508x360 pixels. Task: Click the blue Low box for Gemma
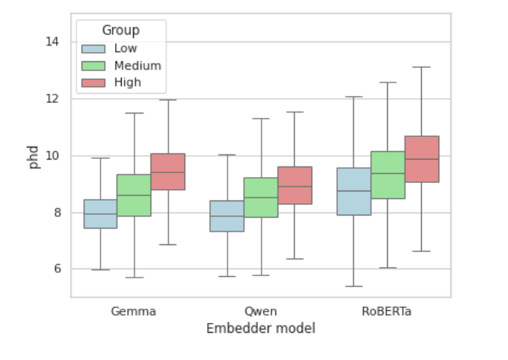pos(100,213)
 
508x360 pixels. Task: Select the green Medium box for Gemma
pos(134,195)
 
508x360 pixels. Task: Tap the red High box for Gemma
pos(168,172)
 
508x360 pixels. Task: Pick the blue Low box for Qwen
pos(227,216)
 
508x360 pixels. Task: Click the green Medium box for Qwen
pos(261,197)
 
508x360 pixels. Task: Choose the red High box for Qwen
pos(295,185)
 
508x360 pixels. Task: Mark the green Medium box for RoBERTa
pos(388,175)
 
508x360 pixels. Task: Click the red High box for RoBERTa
pos(422,159)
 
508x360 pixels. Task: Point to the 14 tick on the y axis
pos(52,42)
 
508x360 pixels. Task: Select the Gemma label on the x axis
pos(134,311)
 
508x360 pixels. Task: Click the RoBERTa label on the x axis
pos(388,311)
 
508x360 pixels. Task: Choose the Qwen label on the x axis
pos(261,311)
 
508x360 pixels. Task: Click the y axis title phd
pos(34,155)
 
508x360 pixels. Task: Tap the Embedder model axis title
pos(261,328)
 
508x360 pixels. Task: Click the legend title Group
pos(121,30)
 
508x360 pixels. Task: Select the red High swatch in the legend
pos(94,82)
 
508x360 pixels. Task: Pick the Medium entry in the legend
pos(136,65)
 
